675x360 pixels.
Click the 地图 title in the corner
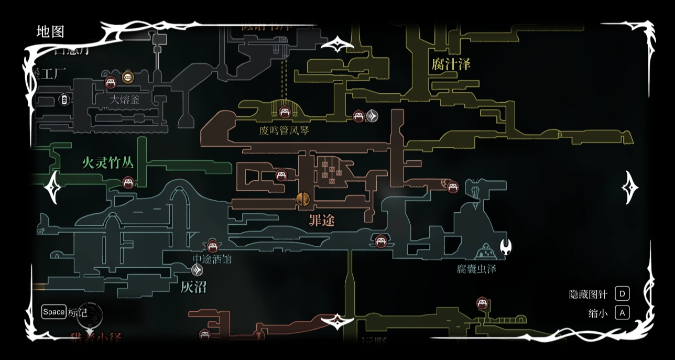[x=50, y=32]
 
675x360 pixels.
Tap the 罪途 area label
[x=321, y=221]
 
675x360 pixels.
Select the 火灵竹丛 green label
[x=108, y=162]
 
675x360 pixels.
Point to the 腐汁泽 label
[x=451, y=64]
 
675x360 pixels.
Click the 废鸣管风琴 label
[x=284, y=130]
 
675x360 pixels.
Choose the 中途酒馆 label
[x=212, y=259]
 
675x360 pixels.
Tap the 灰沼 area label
[x=193, y=287]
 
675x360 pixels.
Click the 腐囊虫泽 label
[x=476, y=269]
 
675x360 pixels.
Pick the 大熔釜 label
[x=124, y=100]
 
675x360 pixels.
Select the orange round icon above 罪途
[x=303, y=199]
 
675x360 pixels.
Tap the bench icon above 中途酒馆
[x=212, y=245]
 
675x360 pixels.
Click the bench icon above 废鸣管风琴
[x=285, y=112]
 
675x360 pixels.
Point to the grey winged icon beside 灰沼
[x=197, y=270]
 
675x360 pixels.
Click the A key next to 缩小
[x=622, y=313]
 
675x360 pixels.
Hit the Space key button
[x=54, y=312]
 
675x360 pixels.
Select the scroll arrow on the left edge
[x=53, y=187]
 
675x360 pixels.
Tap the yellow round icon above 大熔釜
[x=127, y=78]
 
